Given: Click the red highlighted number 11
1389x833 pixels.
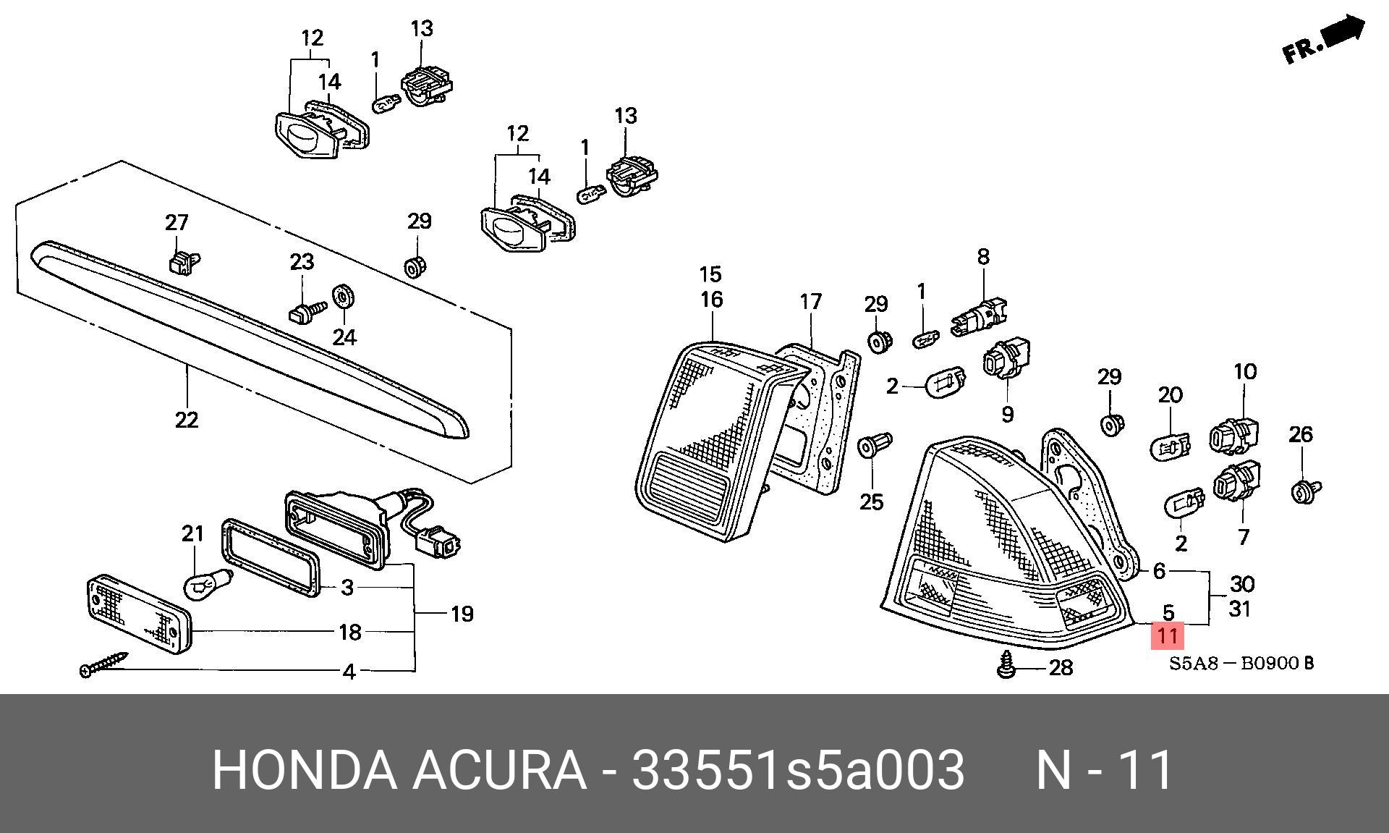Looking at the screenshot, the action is [1167, 635].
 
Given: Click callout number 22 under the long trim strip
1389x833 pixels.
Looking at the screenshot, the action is [187, 419].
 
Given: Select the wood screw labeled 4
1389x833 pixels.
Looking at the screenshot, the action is [103, 664].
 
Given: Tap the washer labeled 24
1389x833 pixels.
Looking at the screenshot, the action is [343, 297].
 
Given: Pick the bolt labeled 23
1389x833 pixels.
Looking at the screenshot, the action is [306, 311].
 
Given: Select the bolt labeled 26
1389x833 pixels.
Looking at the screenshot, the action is [1305, 491].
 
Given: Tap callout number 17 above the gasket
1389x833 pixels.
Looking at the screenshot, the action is [811, 301].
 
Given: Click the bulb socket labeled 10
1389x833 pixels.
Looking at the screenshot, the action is [1235, 434].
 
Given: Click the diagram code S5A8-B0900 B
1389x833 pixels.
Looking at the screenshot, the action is [1241, 662].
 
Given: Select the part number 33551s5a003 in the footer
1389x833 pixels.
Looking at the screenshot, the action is [798, 769].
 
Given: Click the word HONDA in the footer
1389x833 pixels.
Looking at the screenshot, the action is [305, 769].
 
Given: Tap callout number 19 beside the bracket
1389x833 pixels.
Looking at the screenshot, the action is [462, 614].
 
